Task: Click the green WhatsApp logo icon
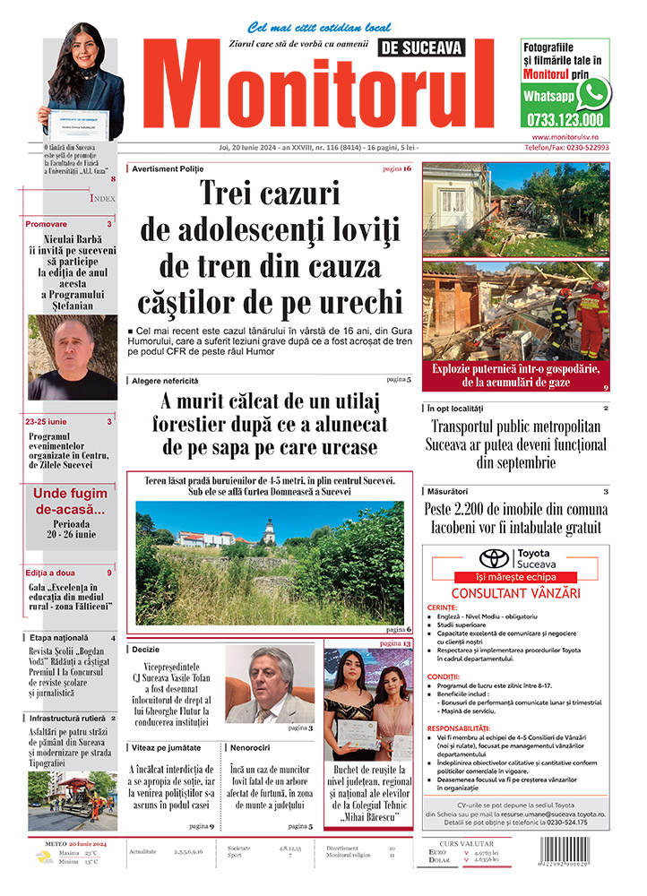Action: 593,93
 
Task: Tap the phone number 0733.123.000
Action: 565,119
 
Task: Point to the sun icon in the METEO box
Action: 42,857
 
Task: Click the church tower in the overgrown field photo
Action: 269,532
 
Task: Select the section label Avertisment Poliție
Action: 168,168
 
